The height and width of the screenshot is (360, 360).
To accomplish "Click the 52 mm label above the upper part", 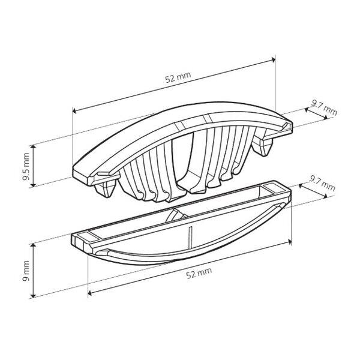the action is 178,77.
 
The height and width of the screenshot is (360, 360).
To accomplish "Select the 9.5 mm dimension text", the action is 26,167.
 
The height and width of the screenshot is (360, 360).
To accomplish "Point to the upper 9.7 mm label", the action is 324,108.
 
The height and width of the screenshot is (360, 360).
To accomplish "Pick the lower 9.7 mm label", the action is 322,183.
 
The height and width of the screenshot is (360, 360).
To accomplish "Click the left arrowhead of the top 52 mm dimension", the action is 74,111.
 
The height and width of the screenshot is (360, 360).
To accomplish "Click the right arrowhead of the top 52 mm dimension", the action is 273,60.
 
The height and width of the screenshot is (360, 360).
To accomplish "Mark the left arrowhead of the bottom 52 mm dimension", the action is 90,293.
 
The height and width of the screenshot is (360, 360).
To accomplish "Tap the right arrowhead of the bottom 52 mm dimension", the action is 290,242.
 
